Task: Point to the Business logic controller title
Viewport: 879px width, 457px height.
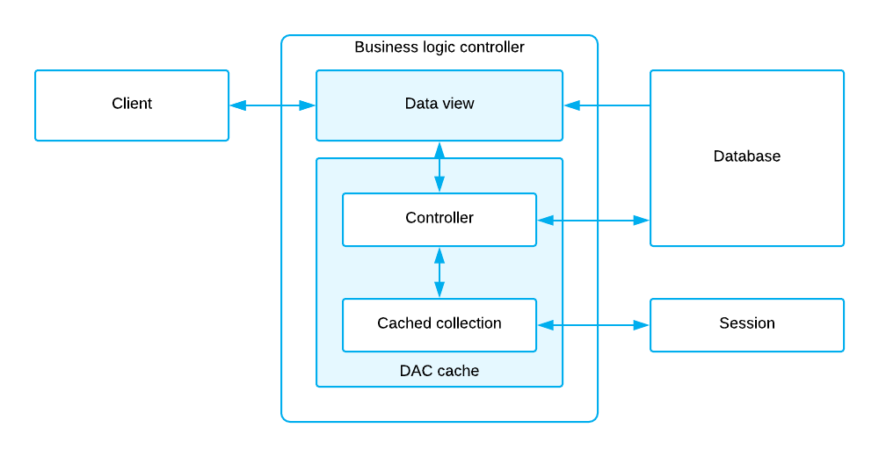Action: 439,47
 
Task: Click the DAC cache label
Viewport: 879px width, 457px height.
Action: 439,371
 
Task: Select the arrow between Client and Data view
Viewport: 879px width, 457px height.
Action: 272,105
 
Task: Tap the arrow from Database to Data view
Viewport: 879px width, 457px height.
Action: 607,105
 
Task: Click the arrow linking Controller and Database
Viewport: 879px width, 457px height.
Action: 593,220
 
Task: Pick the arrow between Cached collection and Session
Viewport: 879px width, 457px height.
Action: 593,325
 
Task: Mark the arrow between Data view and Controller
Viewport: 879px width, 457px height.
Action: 439,167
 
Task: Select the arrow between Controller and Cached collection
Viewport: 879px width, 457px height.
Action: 439,272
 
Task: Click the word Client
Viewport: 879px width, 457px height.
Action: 132,104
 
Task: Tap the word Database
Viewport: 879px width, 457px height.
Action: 747,156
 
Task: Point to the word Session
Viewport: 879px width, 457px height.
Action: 747,323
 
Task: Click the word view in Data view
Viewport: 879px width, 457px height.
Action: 457,104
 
